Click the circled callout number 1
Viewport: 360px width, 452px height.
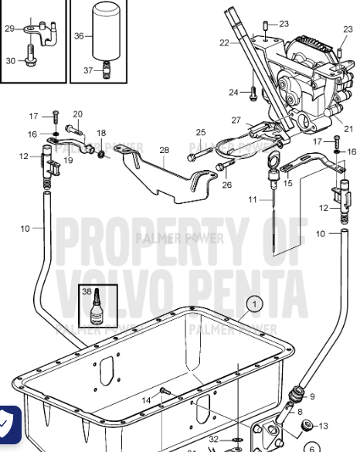(x=254, y=304)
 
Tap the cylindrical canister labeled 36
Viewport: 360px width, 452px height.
(x=106, y=31)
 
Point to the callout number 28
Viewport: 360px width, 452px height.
(x=165, y=150)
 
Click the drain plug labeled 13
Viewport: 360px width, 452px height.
(x=307, y=426)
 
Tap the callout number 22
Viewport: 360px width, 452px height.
(x=224, y=43)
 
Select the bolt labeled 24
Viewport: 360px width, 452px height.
(x=253, y=93)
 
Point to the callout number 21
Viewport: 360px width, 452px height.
(x=348, y=129)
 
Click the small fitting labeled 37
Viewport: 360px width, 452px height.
(x=107, y=70)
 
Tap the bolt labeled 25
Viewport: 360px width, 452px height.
(x=200, y=154)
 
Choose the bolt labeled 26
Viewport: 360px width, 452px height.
(x=225, y=165)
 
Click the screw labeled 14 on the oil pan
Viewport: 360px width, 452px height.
(x=165, y=391)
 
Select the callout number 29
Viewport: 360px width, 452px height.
(x=10, y=29)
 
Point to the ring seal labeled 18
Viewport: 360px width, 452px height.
(x=101, y=155)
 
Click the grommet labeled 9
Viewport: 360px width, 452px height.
(x=296, y=394)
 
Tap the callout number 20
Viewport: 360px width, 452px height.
(x=78, y=114)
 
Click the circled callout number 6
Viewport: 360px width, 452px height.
(x=312, y=447)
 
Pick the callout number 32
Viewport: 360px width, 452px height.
(x=213, y=439)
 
